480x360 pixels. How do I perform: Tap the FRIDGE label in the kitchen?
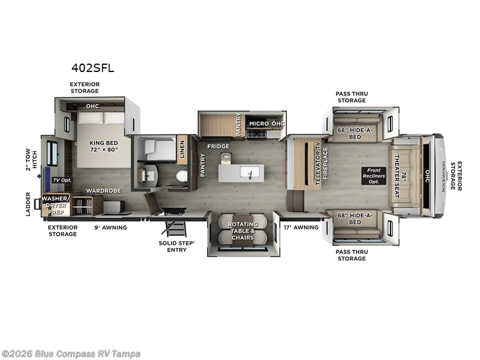(218, 146)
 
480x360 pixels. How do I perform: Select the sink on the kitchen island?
(247, 172)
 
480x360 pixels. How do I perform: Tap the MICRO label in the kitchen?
(259, 124)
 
